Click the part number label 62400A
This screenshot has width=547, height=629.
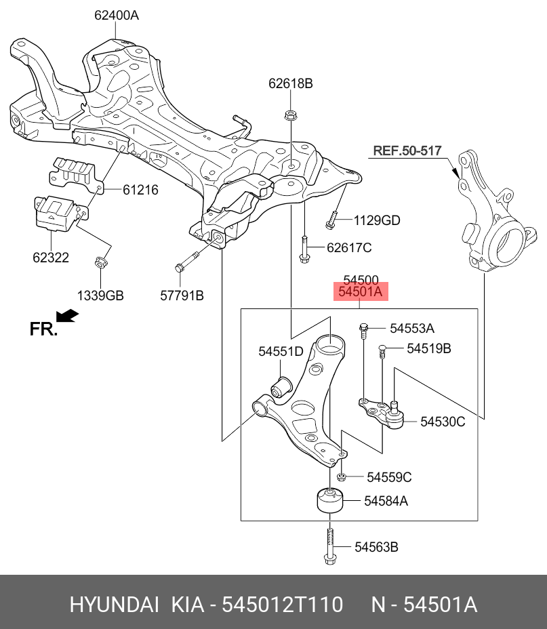[116, 14]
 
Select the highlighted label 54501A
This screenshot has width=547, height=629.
[361, 292]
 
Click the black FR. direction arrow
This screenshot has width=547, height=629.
[67, 316]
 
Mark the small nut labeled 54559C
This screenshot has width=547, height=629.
[342, 477]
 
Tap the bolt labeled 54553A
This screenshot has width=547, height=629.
[364, 329]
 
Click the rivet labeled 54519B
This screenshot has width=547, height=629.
[382, 350]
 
